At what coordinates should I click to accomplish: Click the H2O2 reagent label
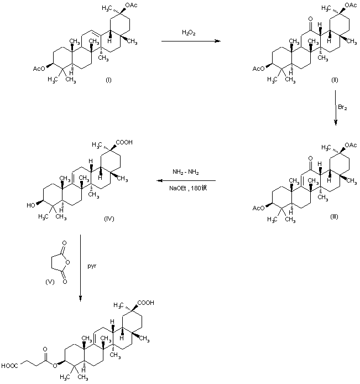click(187, 33)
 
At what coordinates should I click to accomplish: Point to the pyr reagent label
click(92, 266)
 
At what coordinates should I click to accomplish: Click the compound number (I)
click(108, 81)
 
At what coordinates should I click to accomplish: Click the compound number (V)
click(49, 282)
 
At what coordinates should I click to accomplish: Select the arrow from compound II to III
click(336, 108)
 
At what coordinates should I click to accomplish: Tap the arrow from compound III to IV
click(185, 181)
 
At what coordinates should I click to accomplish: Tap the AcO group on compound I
click(39, 69)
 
